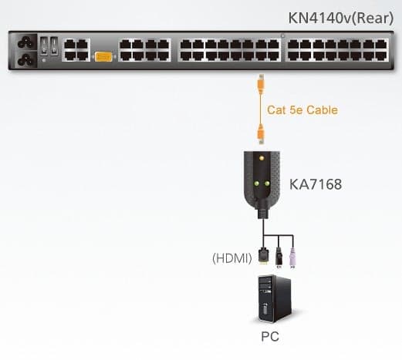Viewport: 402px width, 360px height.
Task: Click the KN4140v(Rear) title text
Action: (x=341, y=19)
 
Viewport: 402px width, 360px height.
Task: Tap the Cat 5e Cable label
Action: (x=302, y=110)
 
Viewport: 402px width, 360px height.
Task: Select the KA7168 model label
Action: (x=316, y=184)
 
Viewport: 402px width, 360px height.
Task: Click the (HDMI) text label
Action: (x=232, y=258)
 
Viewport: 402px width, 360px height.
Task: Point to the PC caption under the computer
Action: (x=270, y=336)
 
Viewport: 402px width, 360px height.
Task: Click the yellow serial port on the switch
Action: (x=103, y=57)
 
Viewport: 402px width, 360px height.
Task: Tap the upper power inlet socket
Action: (x=25, y=42)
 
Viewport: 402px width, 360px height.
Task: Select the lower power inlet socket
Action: (x=25, y=60)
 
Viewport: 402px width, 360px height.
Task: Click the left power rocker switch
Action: (x=44, y=46)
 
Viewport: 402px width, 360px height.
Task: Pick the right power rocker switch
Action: (x=54, y=46)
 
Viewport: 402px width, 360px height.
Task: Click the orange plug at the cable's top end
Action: (x=261, y=84)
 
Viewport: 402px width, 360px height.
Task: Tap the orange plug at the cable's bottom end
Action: (x=261, y=134)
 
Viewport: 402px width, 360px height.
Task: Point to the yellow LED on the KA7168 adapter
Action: (x=262, y=158)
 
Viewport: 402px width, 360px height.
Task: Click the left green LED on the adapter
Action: (x=256, y=183)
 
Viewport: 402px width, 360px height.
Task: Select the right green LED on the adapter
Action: (x=267, y=183)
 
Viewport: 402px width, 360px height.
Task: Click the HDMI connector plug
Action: (x=263, y=256)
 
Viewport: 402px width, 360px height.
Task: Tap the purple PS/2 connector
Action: (x=292, y=258)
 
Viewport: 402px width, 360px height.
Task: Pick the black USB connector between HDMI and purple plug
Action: (x=279, y=257)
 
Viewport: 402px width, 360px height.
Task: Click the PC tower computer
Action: (x=274, y=299)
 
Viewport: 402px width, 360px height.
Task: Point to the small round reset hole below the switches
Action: (x=44, y=60)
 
